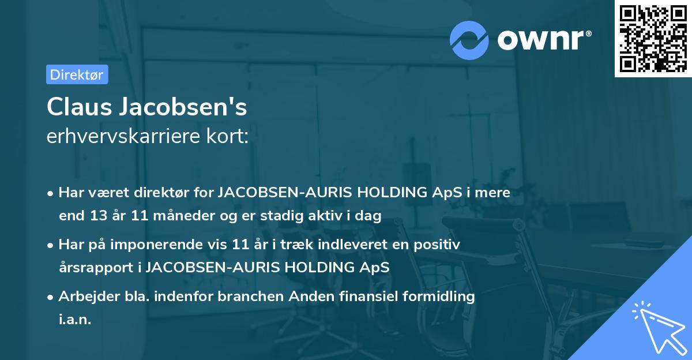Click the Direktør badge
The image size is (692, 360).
tap(77, 74)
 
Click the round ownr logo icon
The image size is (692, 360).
tap(469, 40)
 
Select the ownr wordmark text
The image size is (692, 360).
tap(543, 39)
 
